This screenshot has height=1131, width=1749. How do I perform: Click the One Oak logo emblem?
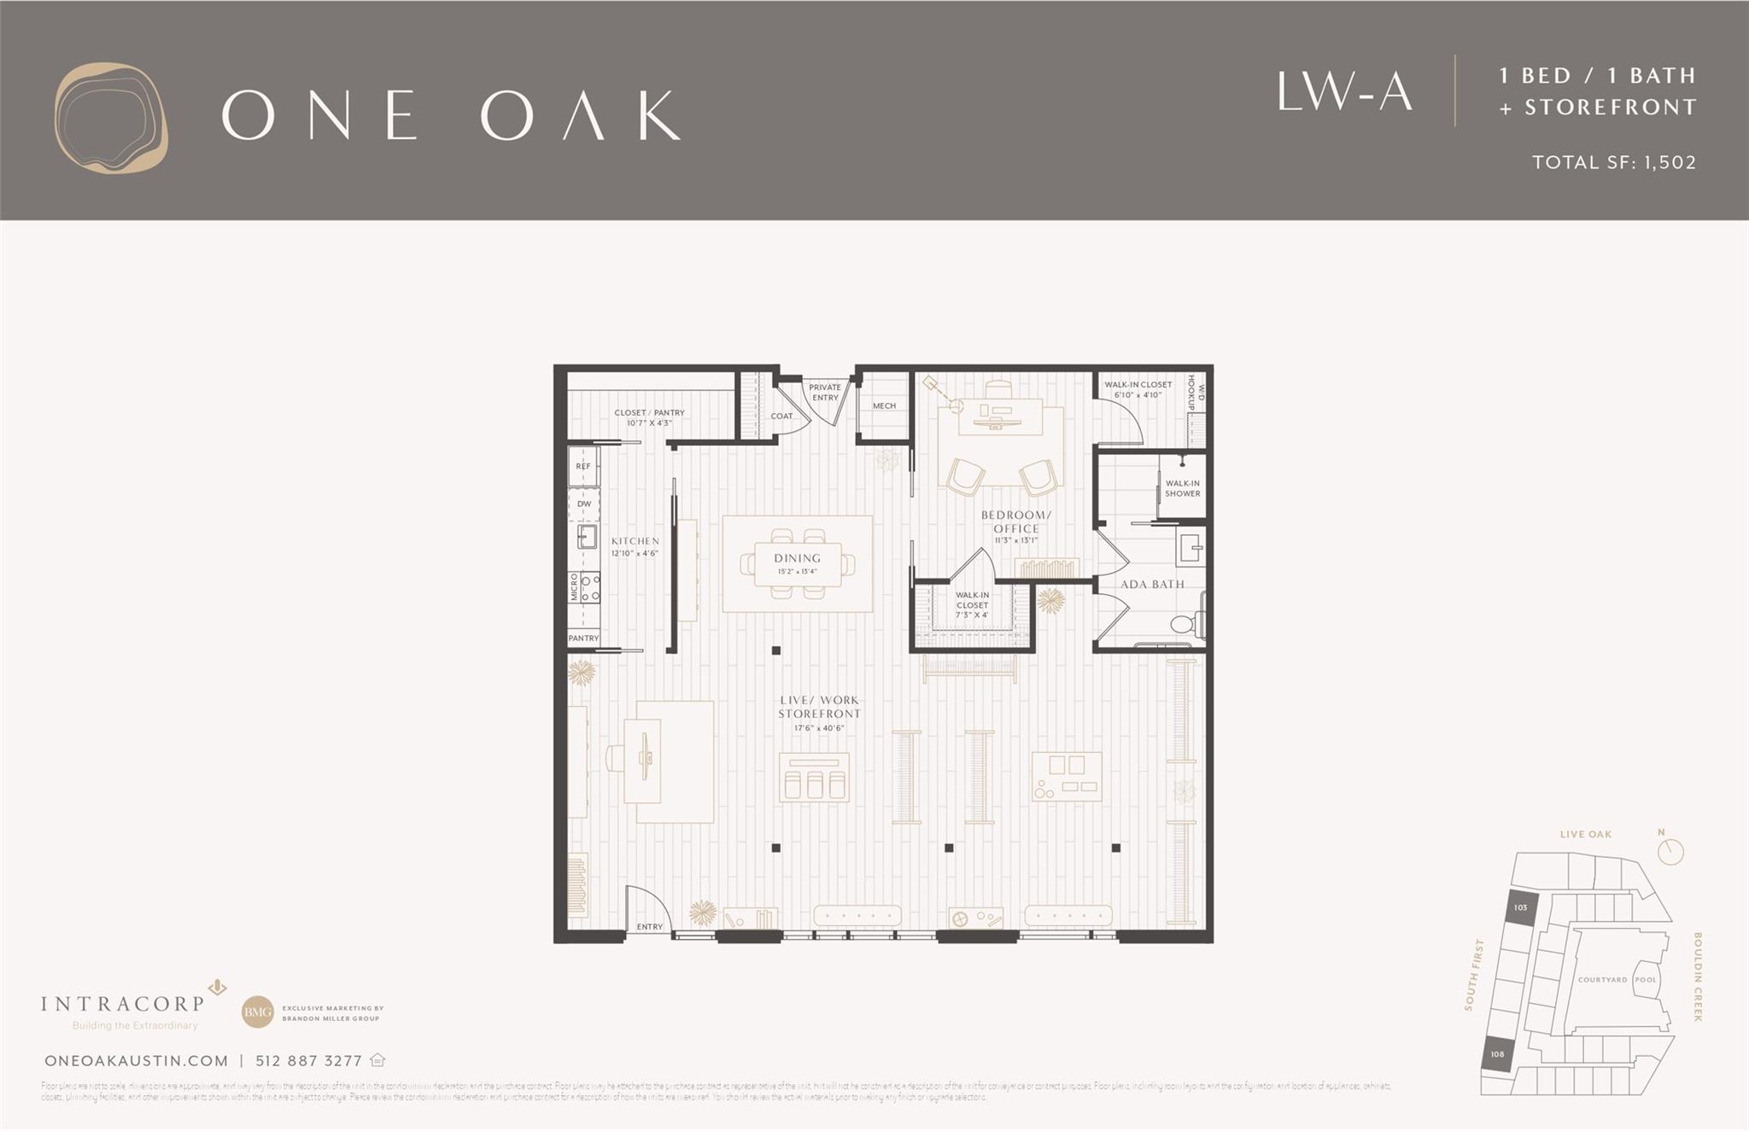pyautogui.click(x=111, y=117)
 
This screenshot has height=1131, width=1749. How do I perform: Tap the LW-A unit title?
pyautogui.click(x=1344, y=92)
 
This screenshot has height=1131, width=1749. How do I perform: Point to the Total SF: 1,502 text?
pyautogui.click(x=1613, y=162)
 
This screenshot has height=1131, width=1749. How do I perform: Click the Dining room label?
pyautogui.click(x=798, y=558)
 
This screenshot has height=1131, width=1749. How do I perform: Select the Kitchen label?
pyautogui.click(x=635, y=541)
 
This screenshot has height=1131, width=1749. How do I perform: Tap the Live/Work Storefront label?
pyautogui.click(x=819, y=708)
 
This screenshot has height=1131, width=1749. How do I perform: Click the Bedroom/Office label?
pyautogui.click(x=1015, y=522)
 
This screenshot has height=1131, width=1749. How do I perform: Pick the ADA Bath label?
pyautogui.click(x=1152, y=585)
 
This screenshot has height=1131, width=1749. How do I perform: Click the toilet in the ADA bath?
pyautogui.click(x=1184, y=624)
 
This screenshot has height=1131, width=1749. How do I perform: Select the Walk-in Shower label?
pyautogui.click(x=1182, y=488)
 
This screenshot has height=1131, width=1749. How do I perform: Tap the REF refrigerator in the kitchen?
pyautogui.click(x=583, y=467)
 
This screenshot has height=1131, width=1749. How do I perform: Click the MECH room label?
pyautogui.click(x=884, y=406)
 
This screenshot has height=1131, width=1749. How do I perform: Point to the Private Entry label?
pyautogui.click(x=825, y=392)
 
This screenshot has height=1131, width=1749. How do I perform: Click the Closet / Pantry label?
pyautogui.click(x=649, y=413)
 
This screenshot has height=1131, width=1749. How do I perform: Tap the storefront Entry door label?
pyautogui.click(x=649, y=927)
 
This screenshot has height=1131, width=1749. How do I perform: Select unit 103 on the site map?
pyautogui.click(x=1520, y=908)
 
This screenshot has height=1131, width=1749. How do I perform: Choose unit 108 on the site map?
pyautogui.click(x=1497, y=1054)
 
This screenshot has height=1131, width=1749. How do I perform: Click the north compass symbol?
pyautogui.click(x=1670, y=850)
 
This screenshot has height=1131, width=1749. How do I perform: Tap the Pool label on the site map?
pyautogui.click(x=1646, y=980)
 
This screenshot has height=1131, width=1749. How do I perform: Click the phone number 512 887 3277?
pyautogui.click(x=308, y=1061)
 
